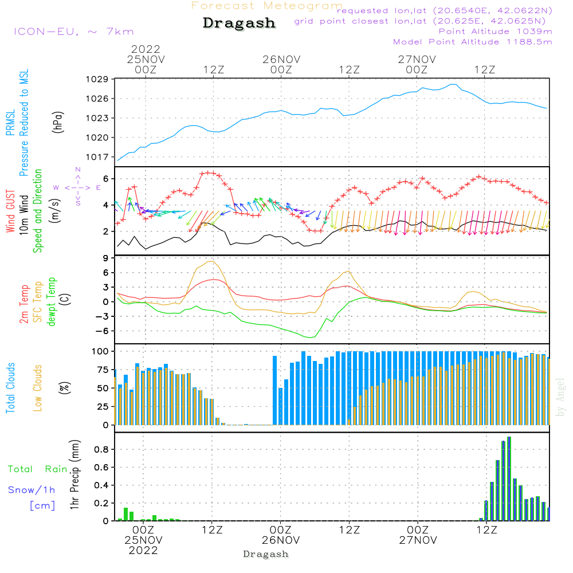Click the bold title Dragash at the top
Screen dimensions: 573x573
[239, 23]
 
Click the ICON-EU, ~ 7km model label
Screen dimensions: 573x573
[74, 32]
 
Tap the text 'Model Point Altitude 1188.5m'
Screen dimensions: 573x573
[473, 42]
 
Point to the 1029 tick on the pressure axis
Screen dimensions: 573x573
[97, 79]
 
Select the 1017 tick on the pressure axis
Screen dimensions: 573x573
[97, 157]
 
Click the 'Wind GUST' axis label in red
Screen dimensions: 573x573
[10, 211]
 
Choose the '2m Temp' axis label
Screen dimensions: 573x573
[23, 304]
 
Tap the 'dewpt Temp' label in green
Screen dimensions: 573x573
[52, 301]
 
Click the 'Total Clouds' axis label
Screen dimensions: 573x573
[10, 388]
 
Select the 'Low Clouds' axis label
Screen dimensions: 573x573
[37, 388]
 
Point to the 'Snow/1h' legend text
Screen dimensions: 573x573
[32, 490]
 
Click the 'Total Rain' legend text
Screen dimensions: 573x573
[38, 469]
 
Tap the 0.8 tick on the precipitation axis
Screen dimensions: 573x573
[101, 449]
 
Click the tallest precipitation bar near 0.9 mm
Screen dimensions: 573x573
[509, 478]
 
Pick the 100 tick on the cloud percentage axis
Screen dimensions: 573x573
[100, 351]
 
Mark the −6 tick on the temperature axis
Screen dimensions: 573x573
[102, 331]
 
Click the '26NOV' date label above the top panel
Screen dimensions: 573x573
[281, 60]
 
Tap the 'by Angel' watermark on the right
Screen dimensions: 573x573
[560, 397]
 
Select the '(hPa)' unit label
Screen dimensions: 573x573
[58, 122]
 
